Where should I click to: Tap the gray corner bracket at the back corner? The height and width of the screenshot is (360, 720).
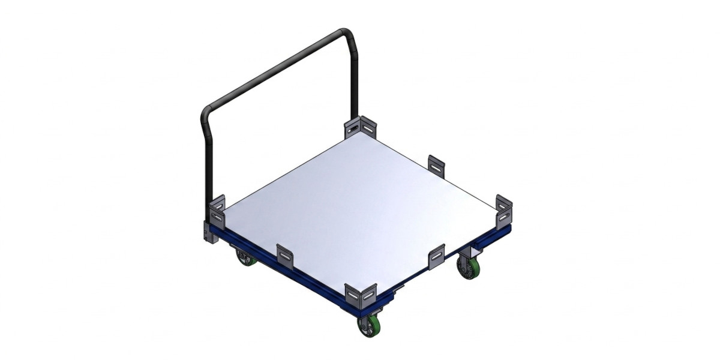click(x=361, y=128)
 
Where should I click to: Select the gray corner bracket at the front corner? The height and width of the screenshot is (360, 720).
click(x=362, y=295)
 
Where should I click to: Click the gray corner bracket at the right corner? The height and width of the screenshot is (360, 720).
click(x=505, y=209)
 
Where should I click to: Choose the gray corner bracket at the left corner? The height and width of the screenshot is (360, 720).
click(x=217, y=212)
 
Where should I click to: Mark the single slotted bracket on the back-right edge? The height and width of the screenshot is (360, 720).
click(x=436, y=164)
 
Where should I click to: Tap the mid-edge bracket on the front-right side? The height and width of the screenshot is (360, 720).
click(x=436, y=256)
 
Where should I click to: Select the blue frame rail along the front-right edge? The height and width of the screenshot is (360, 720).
click(x=444, y=264)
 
